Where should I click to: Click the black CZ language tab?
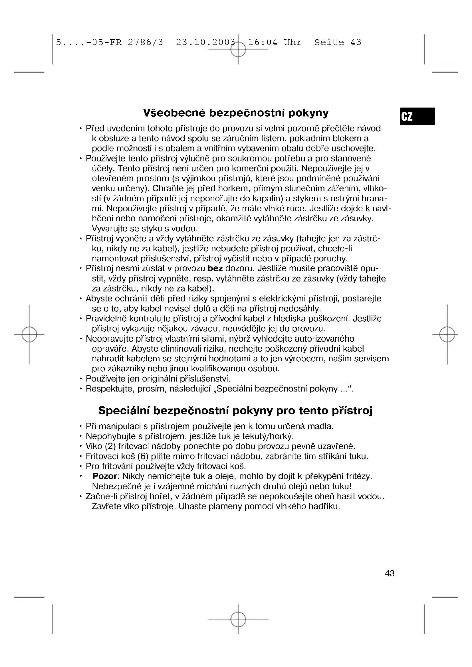417,116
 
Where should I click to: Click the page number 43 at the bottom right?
390,573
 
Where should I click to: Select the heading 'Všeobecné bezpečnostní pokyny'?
236,113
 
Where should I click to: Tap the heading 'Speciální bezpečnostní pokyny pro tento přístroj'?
235,410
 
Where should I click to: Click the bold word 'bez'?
215,268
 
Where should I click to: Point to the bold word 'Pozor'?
105,476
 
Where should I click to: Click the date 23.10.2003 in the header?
205,42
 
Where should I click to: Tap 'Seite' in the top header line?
329,42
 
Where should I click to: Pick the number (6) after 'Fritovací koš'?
143,456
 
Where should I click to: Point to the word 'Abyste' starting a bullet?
99,299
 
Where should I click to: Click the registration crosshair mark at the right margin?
447,334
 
